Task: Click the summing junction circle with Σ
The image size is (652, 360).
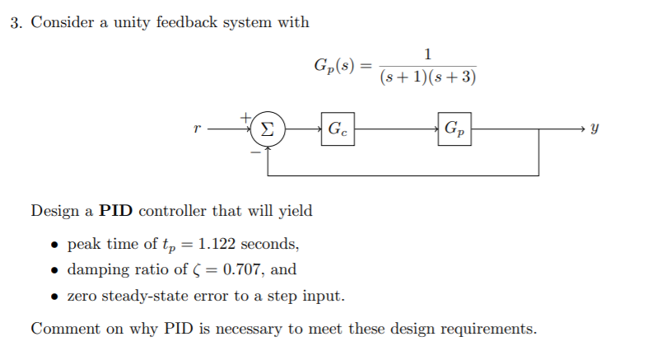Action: [267, 129]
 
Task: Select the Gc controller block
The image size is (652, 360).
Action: [338, 129]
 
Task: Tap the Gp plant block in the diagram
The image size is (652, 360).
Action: [454, 129]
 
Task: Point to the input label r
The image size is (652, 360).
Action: [195, 129]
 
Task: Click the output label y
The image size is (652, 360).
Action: [595, 129]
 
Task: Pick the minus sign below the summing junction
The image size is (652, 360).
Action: [255, 151]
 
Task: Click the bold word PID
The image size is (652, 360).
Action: [117, 210]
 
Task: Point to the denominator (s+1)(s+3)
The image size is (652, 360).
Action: [428, 78]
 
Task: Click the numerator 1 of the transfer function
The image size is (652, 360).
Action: [428, 55]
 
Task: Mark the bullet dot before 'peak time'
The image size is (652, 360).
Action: [54, 245]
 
